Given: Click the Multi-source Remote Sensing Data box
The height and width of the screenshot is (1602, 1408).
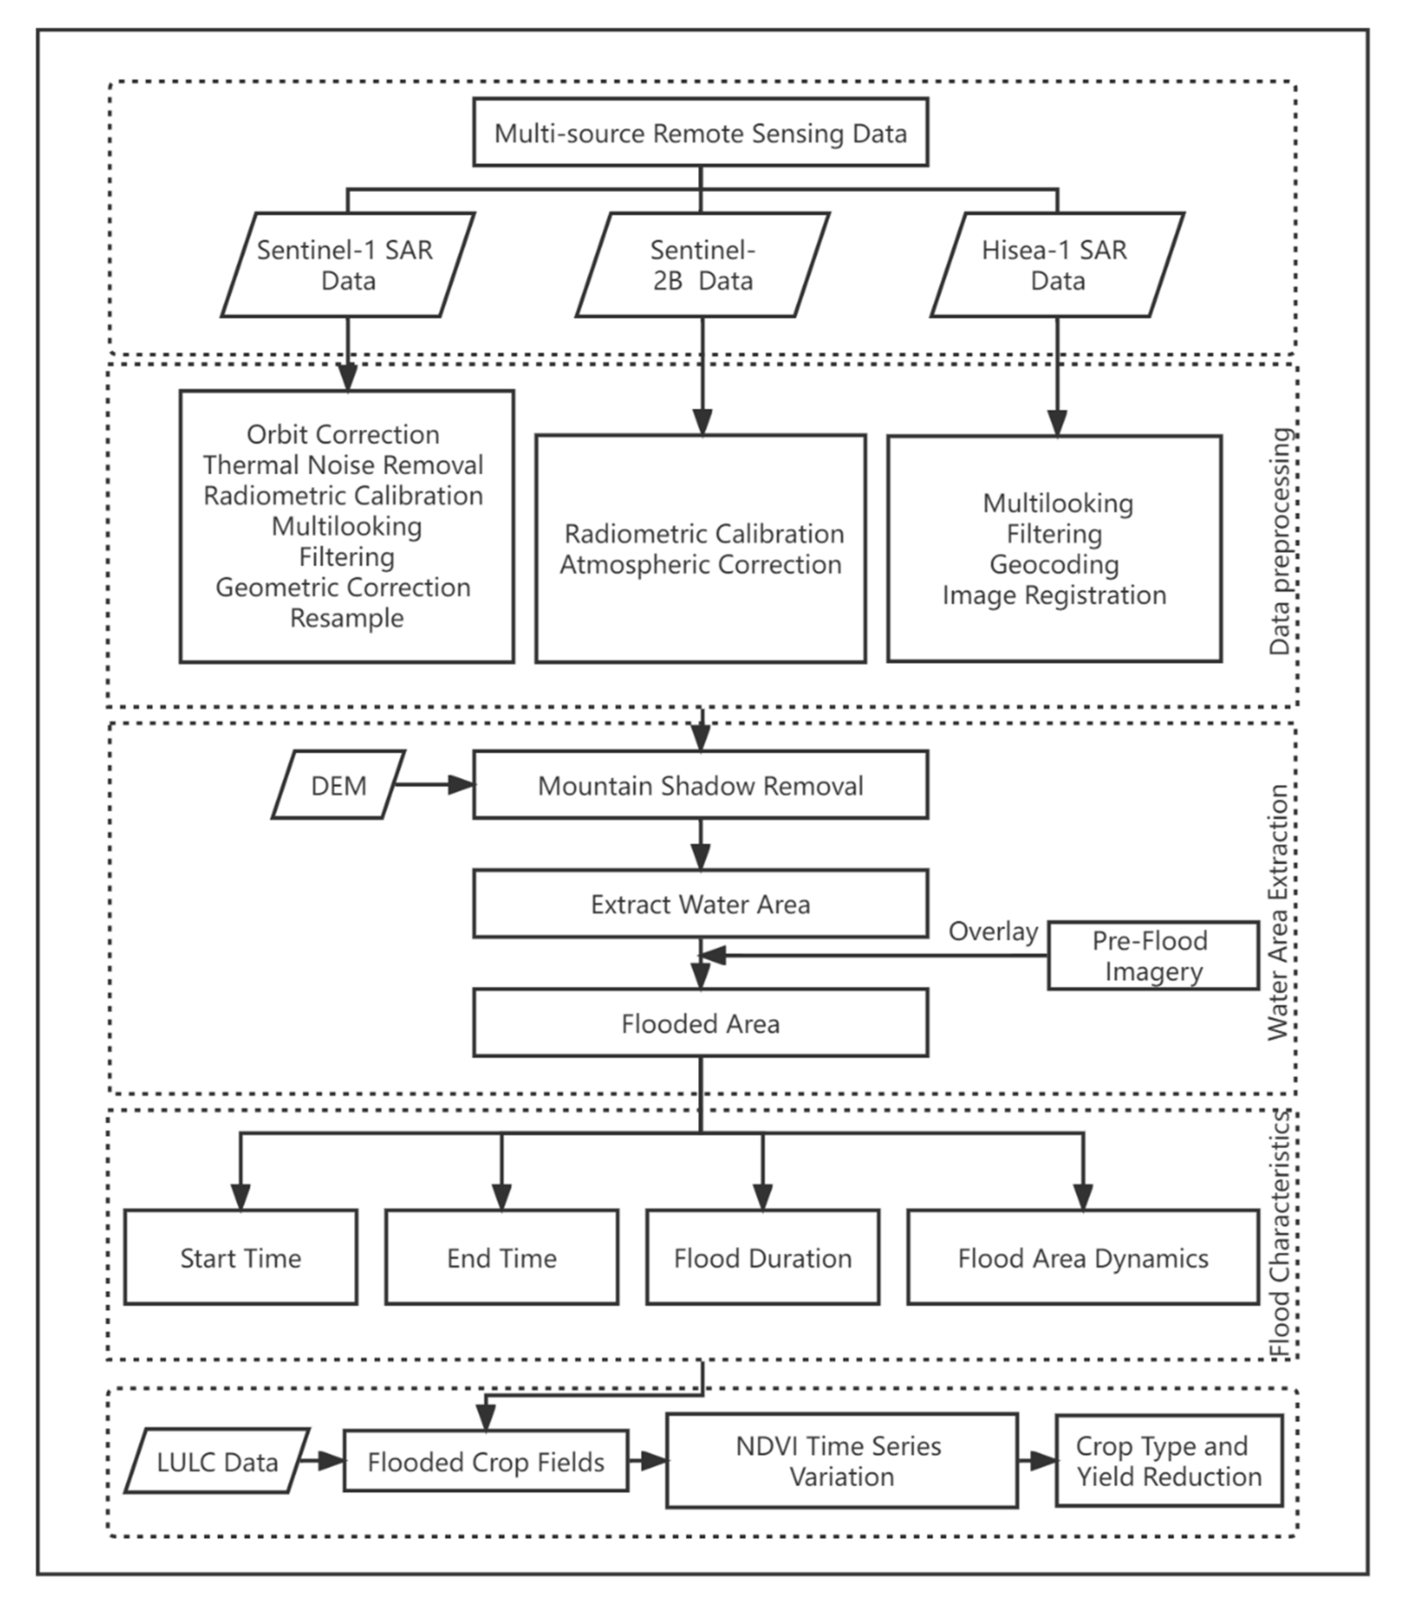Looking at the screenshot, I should click(x=700, y=132).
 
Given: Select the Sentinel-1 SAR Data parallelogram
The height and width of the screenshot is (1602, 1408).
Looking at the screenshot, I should click(x=347, y=265).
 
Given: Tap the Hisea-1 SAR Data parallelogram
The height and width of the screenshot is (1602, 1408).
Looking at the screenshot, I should click(x=1057, y=265).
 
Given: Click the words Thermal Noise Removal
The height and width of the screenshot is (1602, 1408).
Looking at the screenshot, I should click(x=343, y=465).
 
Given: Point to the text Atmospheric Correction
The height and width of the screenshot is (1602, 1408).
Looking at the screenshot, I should click(x=700, y=564).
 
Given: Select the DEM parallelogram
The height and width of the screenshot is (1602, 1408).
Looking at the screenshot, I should click(x=339, y=785).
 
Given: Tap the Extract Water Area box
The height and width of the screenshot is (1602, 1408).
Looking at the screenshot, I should click(x=700, y=904).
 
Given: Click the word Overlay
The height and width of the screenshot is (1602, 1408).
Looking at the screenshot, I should click(x=993, y=931).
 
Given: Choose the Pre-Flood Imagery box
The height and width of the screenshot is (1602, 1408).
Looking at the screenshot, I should click(x=1152, y=955).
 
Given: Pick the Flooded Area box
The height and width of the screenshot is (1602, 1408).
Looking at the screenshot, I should click(x=700, y=1023).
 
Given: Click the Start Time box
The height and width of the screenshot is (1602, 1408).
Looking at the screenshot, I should click(x=241, y=1258).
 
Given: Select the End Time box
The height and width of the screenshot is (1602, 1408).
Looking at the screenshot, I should click(x=502, y=1258).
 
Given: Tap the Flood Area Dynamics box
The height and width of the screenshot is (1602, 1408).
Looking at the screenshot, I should click(x=1083, y=1258).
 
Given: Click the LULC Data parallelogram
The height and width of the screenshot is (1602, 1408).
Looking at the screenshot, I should click(x=217, y=1462).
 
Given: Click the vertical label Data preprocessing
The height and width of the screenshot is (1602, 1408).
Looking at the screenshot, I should click(x=1280, y=541).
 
